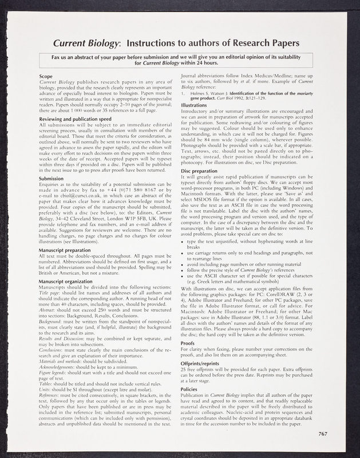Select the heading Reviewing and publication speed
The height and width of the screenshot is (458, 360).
77,119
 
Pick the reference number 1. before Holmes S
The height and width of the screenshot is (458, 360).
183,92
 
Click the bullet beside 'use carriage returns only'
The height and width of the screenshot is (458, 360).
183,252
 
